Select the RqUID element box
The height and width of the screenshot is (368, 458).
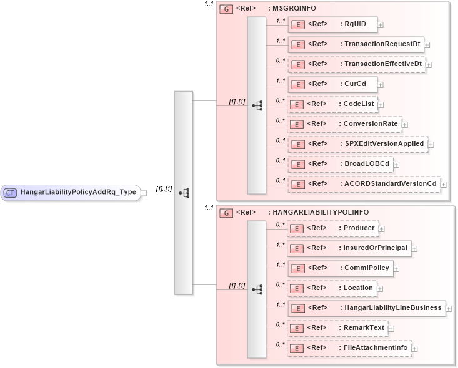(x=332, y=25)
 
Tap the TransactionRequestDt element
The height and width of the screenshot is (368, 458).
(x=355, y=44)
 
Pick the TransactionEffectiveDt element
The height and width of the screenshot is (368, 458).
(x=356, y=64)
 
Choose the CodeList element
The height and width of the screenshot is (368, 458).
(x=332, y=104)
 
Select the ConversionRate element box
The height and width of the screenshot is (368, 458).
(x=344, y=123)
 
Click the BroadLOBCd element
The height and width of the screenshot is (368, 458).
(x=340, y=163)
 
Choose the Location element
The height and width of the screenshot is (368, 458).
(x=331, y=288)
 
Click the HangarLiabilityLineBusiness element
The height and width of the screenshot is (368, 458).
(x=366, y=307)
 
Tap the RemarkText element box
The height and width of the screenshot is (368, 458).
(x=337, y=327)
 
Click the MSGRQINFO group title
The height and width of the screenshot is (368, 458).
(x=292, y=9)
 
